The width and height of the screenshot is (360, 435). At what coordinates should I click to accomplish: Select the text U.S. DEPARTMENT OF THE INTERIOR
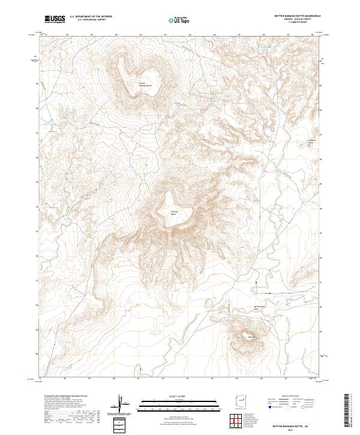(x=91, y=17)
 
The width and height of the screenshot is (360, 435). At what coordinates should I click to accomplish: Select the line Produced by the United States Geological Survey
(x=66, y=397)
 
